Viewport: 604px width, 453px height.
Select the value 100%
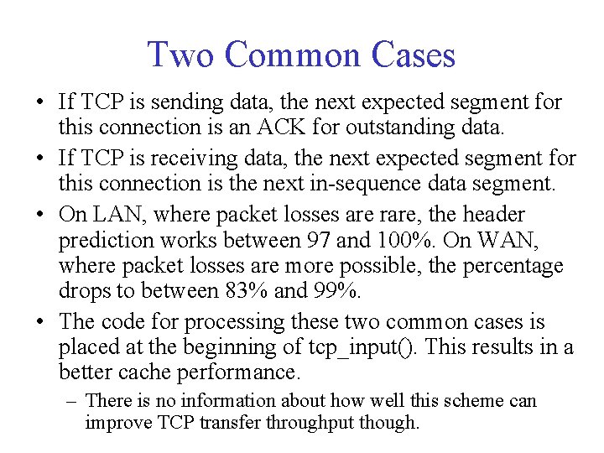407,241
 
